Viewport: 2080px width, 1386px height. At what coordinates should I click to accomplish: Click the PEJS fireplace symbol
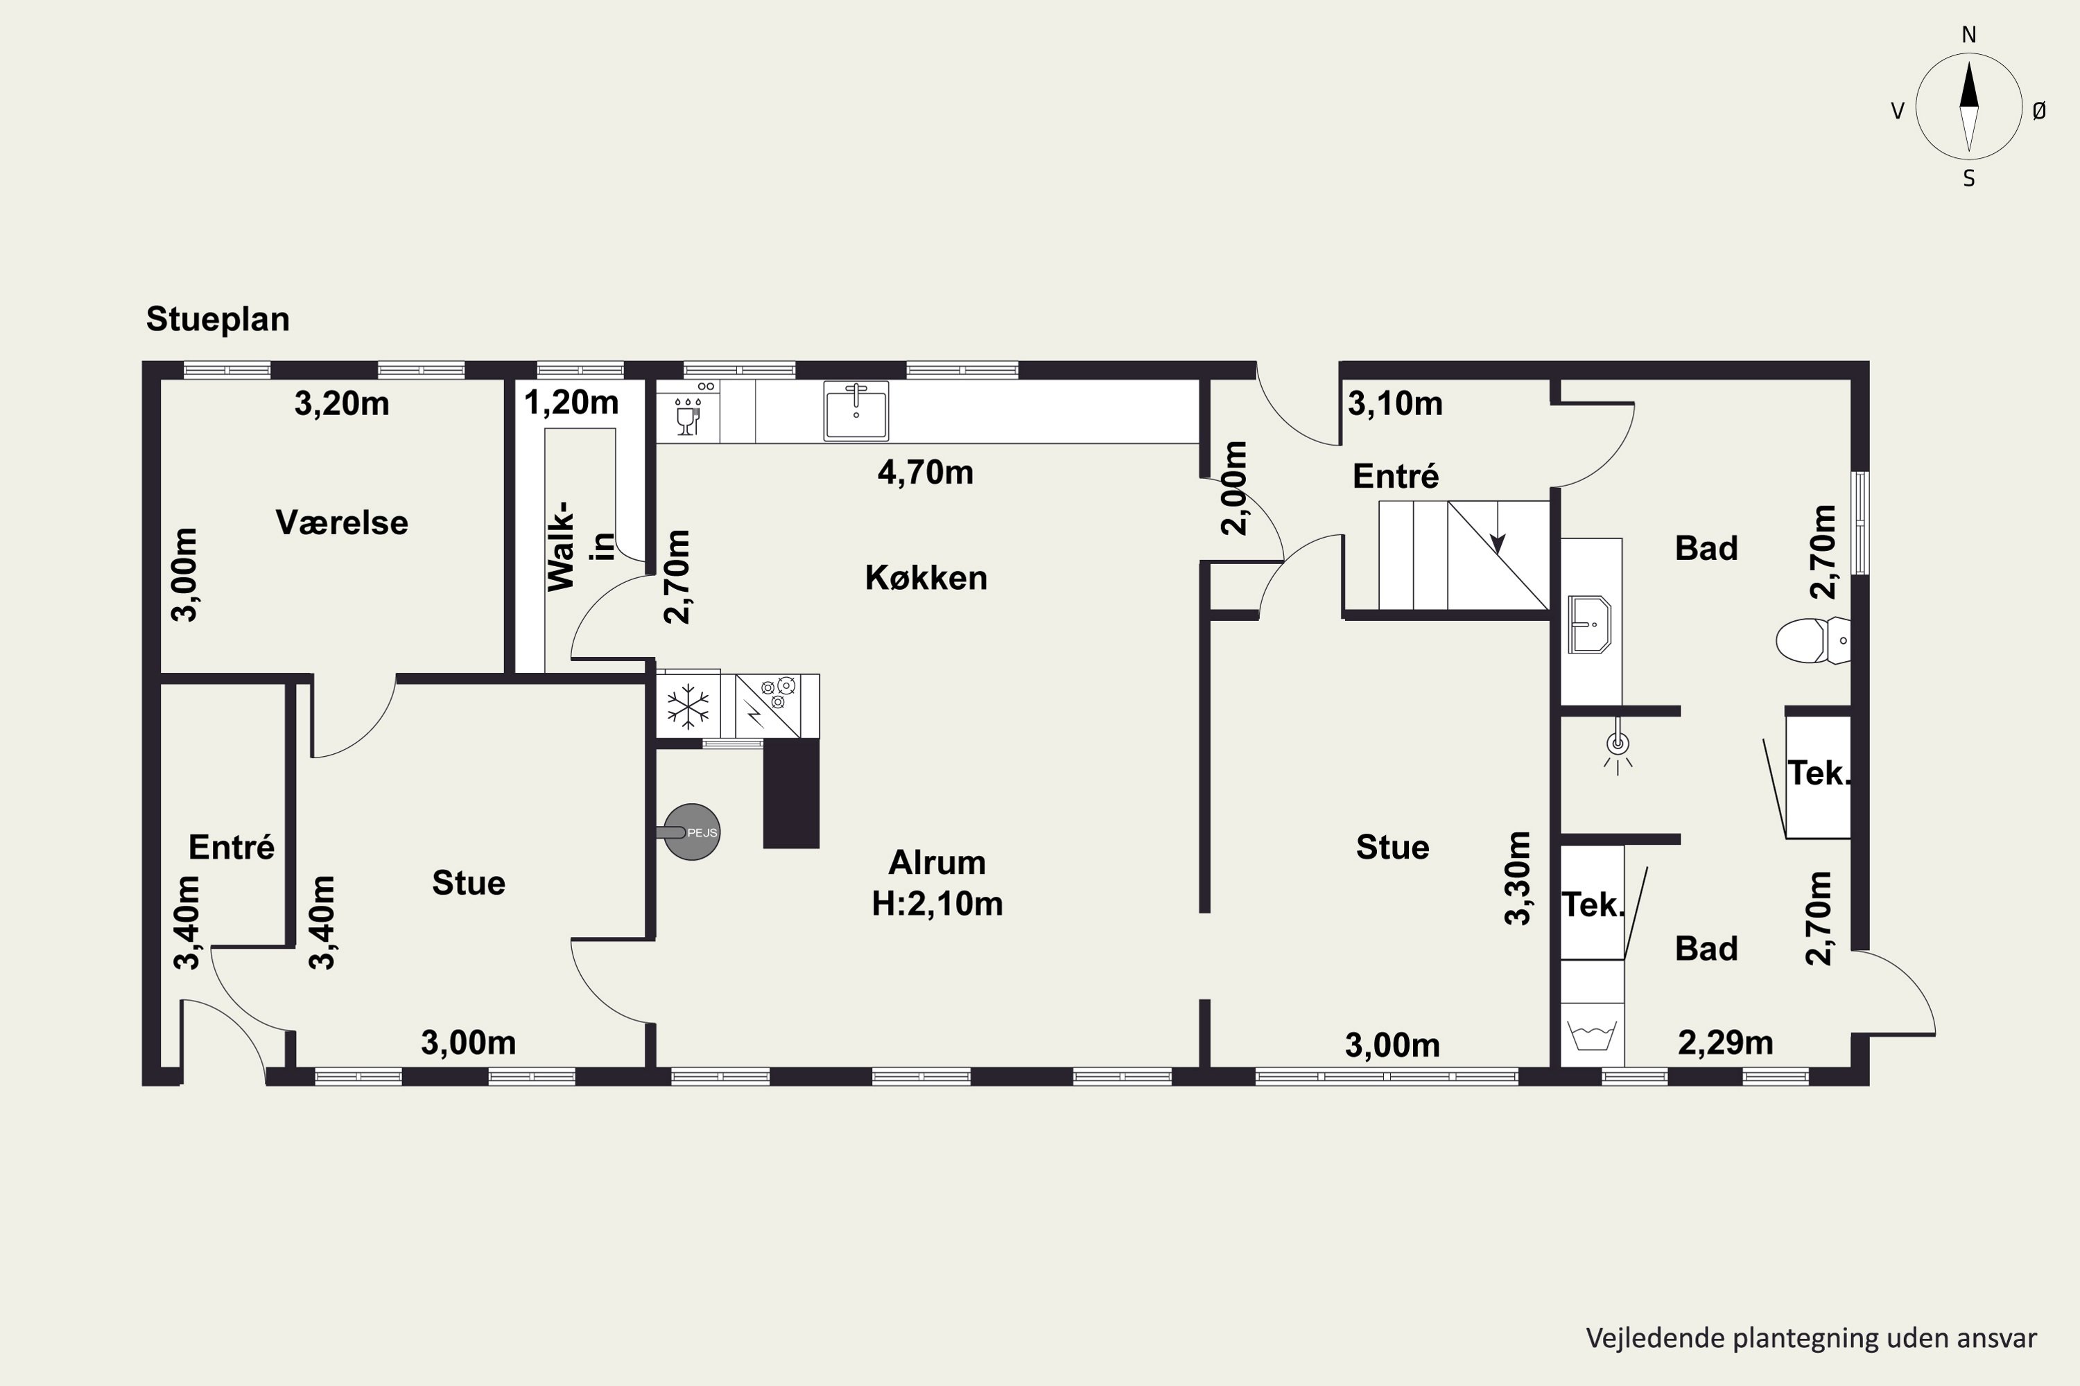click(x=691, y=832)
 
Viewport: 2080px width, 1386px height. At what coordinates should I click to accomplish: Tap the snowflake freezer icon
click(x=688, y=706)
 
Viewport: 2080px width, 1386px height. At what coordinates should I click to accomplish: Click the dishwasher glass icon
click(x=687, y=416)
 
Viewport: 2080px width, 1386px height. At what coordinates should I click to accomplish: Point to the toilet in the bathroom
click(x=1813, y=640)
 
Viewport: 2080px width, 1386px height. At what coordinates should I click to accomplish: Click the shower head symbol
click(x=1618, y=747)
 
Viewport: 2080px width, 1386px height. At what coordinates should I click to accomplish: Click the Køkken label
click(x=926, y=577)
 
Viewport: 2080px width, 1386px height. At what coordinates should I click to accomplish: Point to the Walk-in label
click(x=579, y=545)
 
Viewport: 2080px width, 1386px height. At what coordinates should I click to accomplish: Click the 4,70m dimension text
click(x=925, y=472)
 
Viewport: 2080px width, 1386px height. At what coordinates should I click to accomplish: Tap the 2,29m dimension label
click(x=1726, y=1043)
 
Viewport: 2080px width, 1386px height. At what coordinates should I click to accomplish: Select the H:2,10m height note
click(x=937, y=904)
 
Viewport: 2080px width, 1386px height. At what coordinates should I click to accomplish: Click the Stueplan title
click(x=218, y=319)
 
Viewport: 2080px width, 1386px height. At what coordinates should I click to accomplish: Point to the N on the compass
click(x=1968, y=35)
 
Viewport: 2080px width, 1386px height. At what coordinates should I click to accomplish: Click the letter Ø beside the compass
click(x=2039, y=110)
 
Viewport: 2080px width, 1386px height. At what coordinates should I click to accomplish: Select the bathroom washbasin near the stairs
click(x=1589, y=624)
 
